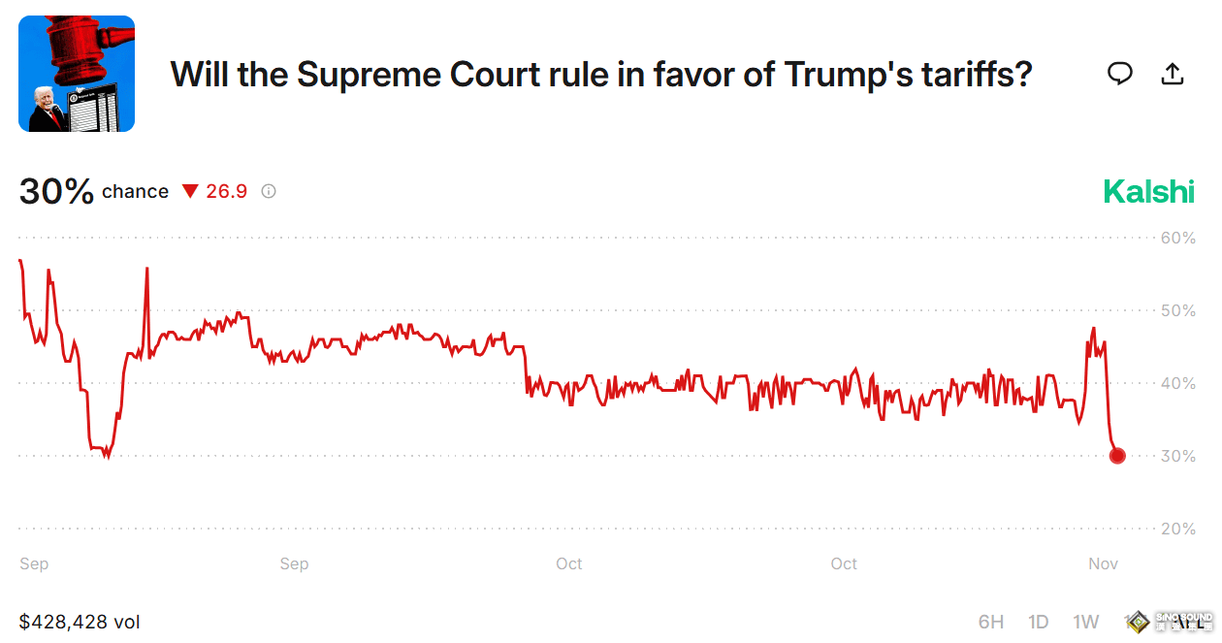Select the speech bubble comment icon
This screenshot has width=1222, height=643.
tap(1120, 74)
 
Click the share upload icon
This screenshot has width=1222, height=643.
tap(1173, 74)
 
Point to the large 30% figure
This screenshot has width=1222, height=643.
tap(56, 191)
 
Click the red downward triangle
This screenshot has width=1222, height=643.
tap(190, 192)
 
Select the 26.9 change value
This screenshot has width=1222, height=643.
tap(226, 191)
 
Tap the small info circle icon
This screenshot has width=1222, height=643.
tap(269, 191)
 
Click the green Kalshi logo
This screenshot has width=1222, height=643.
tap(1148, 191)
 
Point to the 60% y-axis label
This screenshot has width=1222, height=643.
tap(1177, 238)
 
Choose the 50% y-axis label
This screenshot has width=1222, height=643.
tap(1177, 310)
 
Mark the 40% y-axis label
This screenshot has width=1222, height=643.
tap(1177, 383)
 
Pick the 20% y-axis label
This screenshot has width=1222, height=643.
tap(1177, 529)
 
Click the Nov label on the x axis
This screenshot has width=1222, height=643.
tap(1104, 563)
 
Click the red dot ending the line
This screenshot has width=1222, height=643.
tap(1117, 456)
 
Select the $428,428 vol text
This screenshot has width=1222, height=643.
tap(80, 622)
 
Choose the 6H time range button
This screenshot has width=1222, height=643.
tap(991, 622)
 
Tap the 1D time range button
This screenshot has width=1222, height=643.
tap(1039, 622)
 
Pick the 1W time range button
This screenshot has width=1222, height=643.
tap(1086, 622)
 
